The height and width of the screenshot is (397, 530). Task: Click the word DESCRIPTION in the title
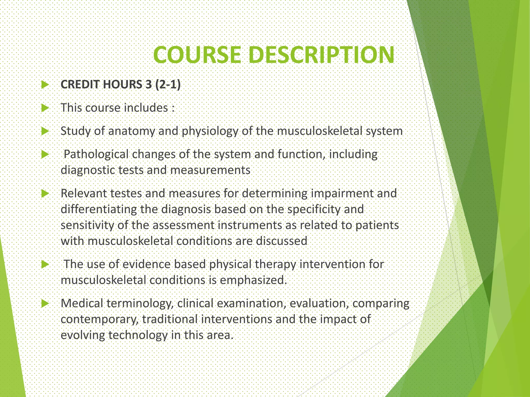[x=321, y=55]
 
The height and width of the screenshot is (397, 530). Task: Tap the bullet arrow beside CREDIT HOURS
[x=45, y=85]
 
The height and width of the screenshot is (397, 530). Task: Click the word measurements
[x=210, y=170]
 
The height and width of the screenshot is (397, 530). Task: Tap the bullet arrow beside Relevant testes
[x=45, y=194]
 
